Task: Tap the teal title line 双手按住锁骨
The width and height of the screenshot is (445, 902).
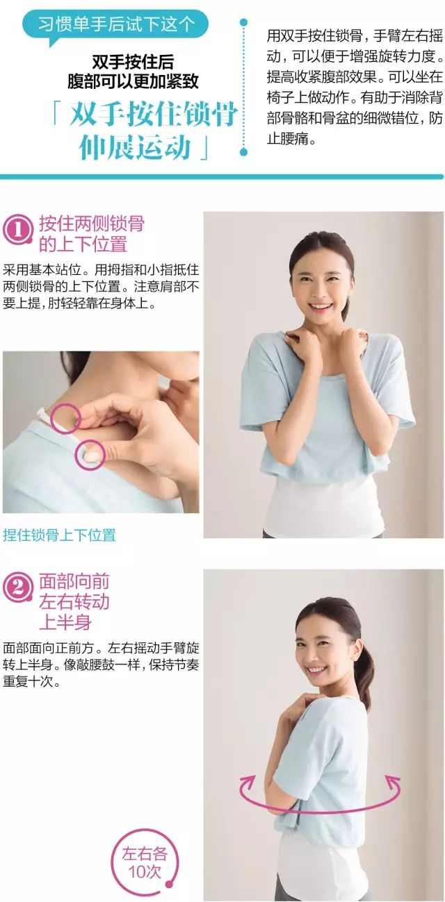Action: click(x=154, y=115)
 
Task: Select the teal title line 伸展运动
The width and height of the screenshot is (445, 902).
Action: click(x=135, y=147)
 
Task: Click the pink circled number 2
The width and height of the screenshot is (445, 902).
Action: click(x=18, y=588)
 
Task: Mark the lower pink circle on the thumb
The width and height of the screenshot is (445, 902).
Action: click(x=90, y=455)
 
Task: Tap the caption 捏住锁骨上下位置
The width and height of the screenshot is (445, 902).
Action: click(x=59, y=535)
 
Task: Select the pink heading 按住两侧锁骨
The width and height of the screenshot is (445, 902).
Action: click(x=92, y=224)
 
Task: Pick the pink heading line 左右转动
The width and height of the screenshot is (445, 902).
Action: click(x=74, y=602)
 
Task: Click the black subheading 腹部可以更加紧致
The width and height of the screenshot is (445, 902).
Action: click(x=133, y=81)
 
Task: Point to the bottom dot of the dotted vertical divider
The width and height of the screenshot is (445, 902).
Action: click(x=243, y=152)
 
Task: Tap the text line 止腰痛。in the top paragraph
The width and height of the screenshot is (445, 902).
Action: click(x=291, y=139)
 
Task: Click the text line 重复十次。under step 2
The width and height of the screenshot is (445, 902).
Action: click(x=32, y=682)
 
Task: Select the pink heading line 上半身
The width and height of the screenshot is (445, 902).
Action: click(x=65, y=622)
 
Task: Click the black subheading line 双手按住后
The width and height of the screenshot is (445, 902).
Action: click(x=133, y=62)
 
